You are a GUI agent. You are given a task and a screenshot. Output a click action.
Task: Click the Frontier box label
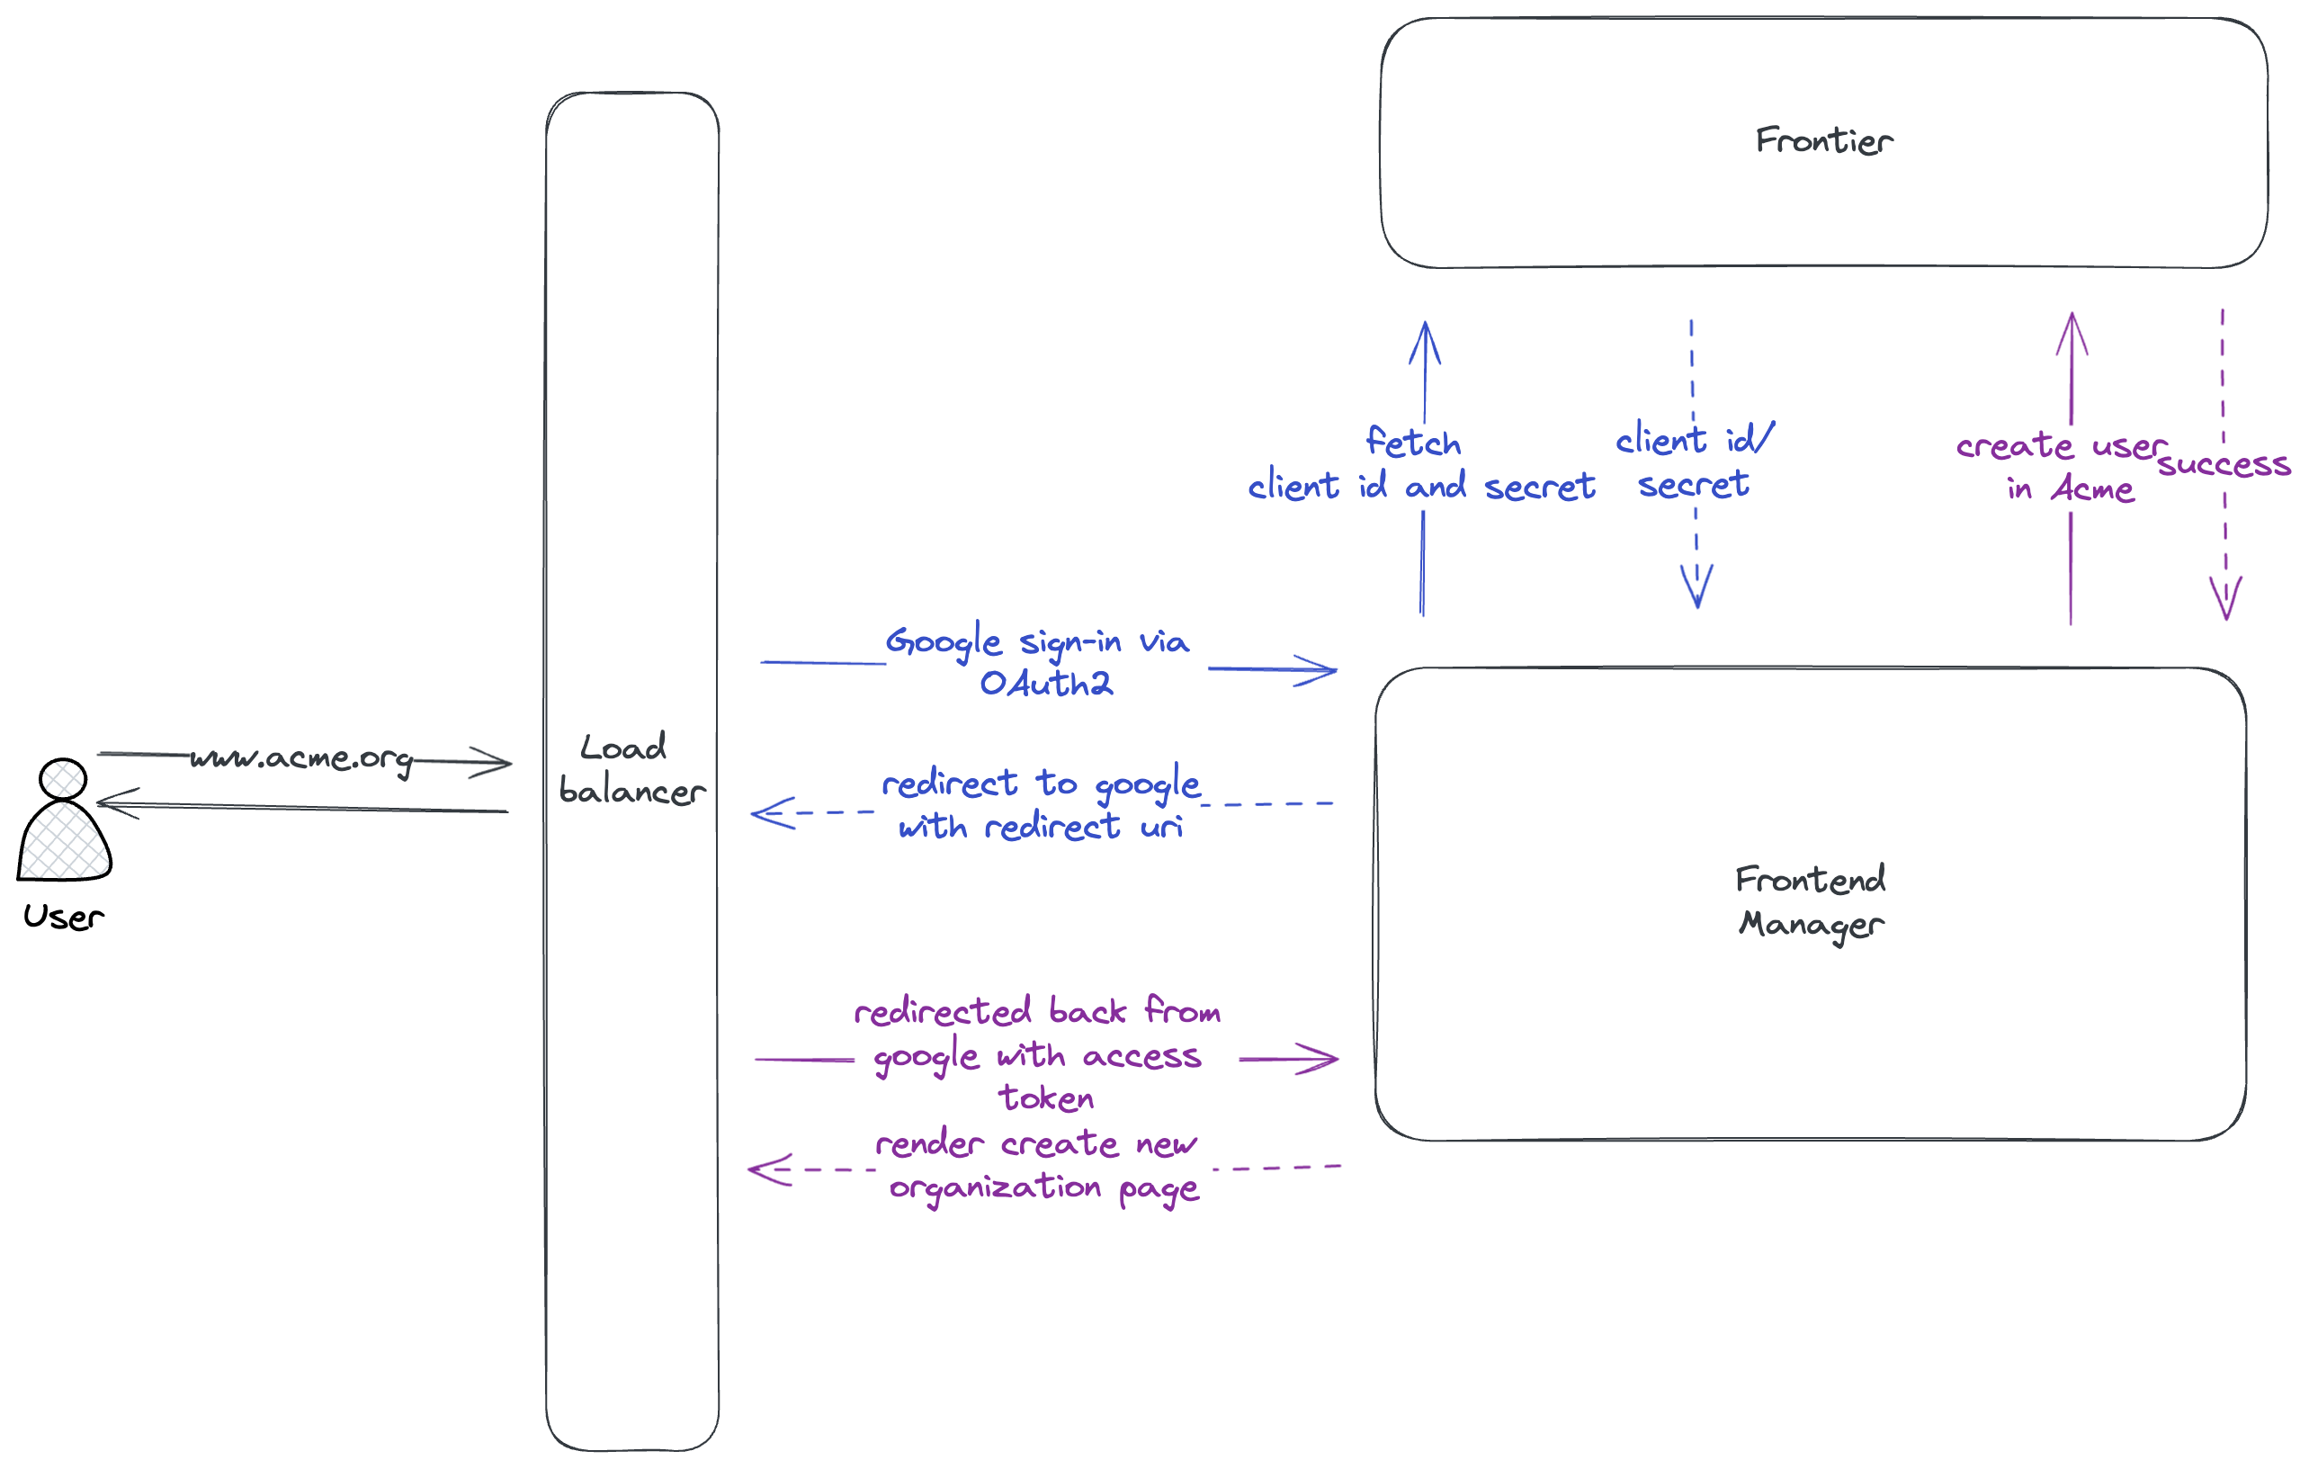click(x=1824, y=141)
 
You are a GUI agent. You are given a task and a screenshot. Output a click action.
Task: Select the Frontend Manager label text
click(x=1811, y=902)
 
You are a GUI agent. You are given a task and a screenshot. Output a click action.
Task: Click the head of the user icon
click(x=63, y=779)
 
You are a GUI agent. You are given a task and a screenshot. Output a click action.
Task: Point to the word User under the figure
click(x=63, y=917)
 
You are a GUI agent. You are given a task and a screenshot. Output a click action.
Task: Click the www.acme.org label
click(x=301, y=758)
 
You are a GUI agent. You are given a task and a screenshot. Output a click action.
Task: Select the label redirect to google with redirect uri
click(x=1041, y=804)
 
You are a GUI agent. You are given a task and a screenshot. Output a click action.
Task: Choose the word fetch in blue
click(x=1412, y=443)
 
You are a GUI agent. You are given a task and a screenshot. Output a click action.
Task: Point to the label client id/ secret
click(x=1695, y=461)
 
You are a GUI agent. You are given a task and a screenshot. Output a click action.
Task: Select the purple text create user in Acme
click(x=2062, y=467)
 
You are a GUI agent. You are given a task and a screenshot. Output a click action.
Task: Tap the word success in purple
click(x=2223, y=465)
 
